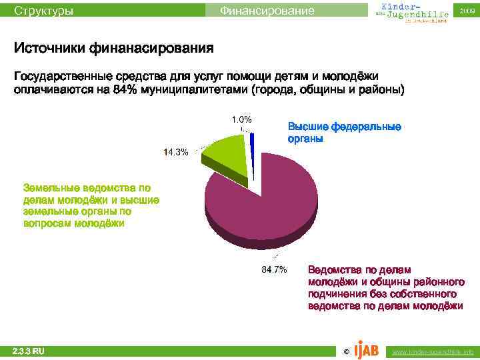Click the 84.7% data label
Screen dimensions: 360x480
pyautogui.click(x=273, y=270)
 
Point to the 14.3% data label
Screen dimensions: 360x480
pyautogui.click(x=176, y=152)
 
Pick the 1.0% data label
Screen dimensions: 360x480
pyautogui.click(x=241, y=119)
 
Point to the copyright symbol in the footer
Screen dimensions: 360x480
pyautogui.click(x=345, y=351)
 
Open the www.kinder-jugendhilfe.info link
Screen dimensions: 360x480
pyautogui.click(x=433, y=351)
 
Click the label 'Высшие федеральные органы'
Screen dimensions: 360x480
pyautogui.click(x=344, y=133)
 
